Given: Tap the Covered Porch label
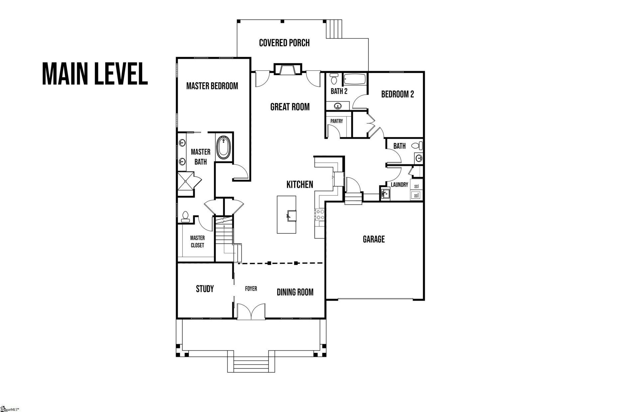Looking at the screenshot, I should pos(284,43).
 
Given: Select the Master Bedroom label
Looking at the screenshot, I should pos(212,86).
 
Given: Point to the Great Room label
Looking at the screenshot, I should pos(290,107).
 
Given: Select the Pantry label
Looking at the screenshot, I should pos(337,121).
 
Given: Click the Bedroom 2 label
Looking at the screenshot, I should pos(397,94).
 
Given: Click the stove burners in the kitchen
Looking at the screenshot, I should pos(320,214).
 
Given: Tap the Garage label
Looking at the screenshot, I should pos(373,239).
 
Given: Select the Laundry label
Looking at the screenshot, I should pos(399,185).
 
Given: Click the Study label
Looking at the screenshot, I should pos(205,289).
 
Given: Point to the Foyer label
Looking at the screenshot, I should pos(251,289).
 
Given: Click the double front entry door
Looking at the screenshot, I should pos(251,311).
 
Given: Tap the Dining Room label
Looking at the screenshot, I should pos(295,292).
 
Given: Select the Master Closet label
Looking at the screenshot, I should pos(197,241).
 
